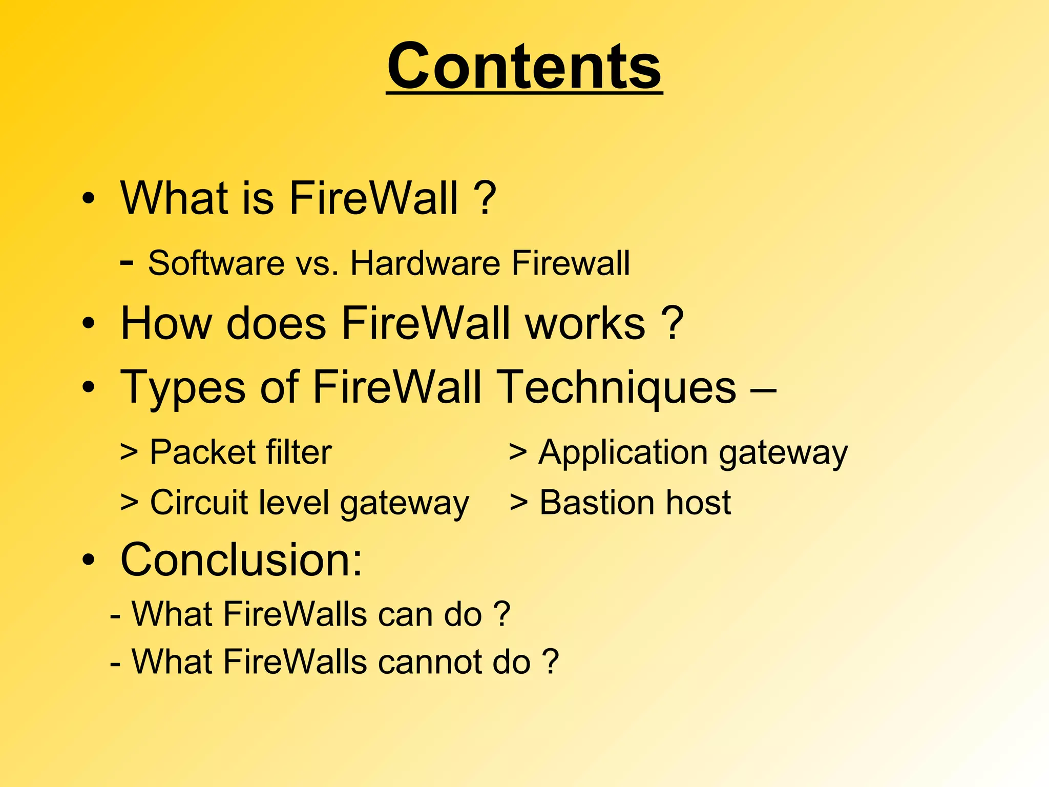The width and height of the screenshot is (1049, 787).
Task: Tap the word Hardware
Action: (425, 263)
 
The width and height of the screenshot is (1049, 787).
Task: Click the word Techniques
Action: (617, 388)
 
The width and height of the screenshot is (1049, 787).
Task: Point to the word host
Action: (698, 503)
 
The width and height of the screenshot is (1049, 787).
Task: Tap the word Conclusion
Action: (241, 560)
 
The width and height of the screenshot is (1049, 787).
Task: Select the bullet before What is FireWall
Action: (89, 199)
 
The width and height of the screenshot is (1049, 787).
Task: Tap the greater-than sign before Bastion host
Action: (518, 503)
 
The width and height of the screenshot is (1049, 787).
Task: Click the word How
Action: (166, 324)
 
